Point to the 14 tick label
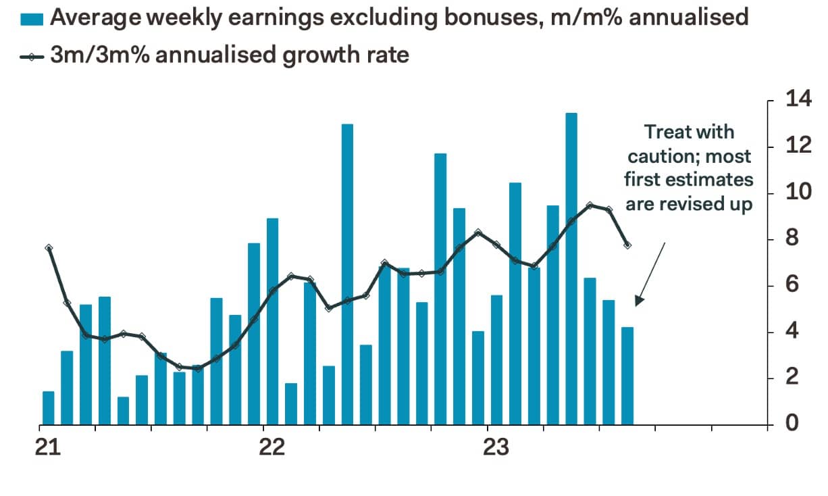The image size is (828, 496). click(x=798, y=100)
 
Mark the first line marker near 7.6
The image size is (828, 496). click(x=49, y=248)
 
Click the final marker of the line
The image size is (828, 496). click(x=627, y=245)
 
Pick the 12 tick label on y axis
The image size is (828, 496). click(x=798, y=146)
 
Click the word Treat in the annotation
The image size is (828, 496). click(x=666, y=132)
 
